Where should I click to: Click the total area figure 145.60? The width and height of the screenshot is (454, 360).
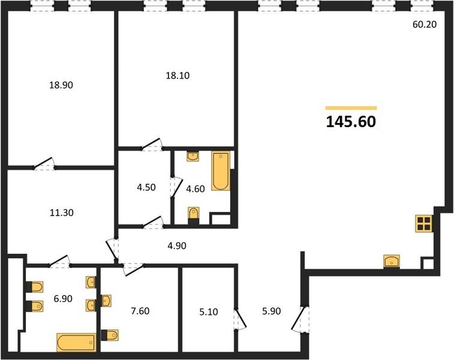pyautogui.click(x=351, y=122)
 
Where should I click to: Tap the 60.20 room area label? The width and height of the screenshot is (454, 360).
pyautogui.click(x=425, y=25)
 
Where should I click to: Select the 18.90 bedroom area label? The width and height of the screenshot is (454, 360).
pyautogui.click(x=61, y=85)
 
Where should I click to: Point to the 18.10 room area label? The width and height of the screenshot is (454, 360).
pyautogui.click(x=178, y=76)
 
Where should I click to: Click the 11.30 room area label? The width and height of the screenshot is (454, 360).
pyautogui.click(x=62, y=213)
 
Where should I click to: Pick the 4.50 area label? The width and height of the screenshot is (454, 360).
pyautogui.click(x=146, y=187)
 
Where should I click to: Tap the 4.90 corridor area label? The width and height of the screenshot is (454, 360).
pyautogui.click(x=177, y=246)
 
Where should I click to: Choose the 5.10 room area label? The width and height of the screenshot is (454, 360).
pyautogui.click(x=209, y=312)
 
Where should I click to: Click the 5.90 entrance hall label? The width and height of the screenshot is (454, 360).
pyautogui.click(x=271, y=311)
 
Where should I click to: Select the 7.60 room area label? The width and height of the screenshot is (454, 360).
pyautogui.click(x=140, y=311)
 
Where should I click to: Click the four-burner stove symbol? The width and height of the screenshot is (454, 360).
pyautogui.click(x=424, y=223)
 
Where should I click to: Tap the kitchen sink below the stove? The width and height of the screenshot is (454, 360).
pyautogui.click(x=392, y=261)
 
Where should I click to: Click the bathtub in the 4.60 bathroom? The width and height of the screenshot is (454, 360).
pyautogui.click(x=221, y=171)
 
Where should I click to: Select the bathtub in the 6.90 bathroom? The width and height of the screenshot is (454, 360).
pyautogui.click(x=76, y=343)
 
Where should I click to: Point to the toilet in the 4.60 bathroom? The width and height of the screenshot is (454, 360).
pyautogui.click(x=193, y=215)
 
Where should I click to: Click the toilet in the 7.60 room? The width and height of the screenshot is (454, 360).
pyautogui.click(x=110, y=335)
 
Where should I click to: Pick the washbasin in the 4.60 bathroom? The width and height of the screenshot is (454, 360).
pyautogui.click(x=193, y=157)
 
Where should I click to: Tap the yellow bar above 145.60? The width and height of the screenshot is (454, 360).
pyautogui.click(x=351, y=108)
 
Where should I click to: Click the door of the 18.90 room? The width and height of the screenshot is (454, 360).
pyautogui.click(x=43, y=164)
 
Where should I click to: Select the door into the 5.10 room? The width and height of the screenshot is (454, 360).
pyautogui.click(x=240, y=319)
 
